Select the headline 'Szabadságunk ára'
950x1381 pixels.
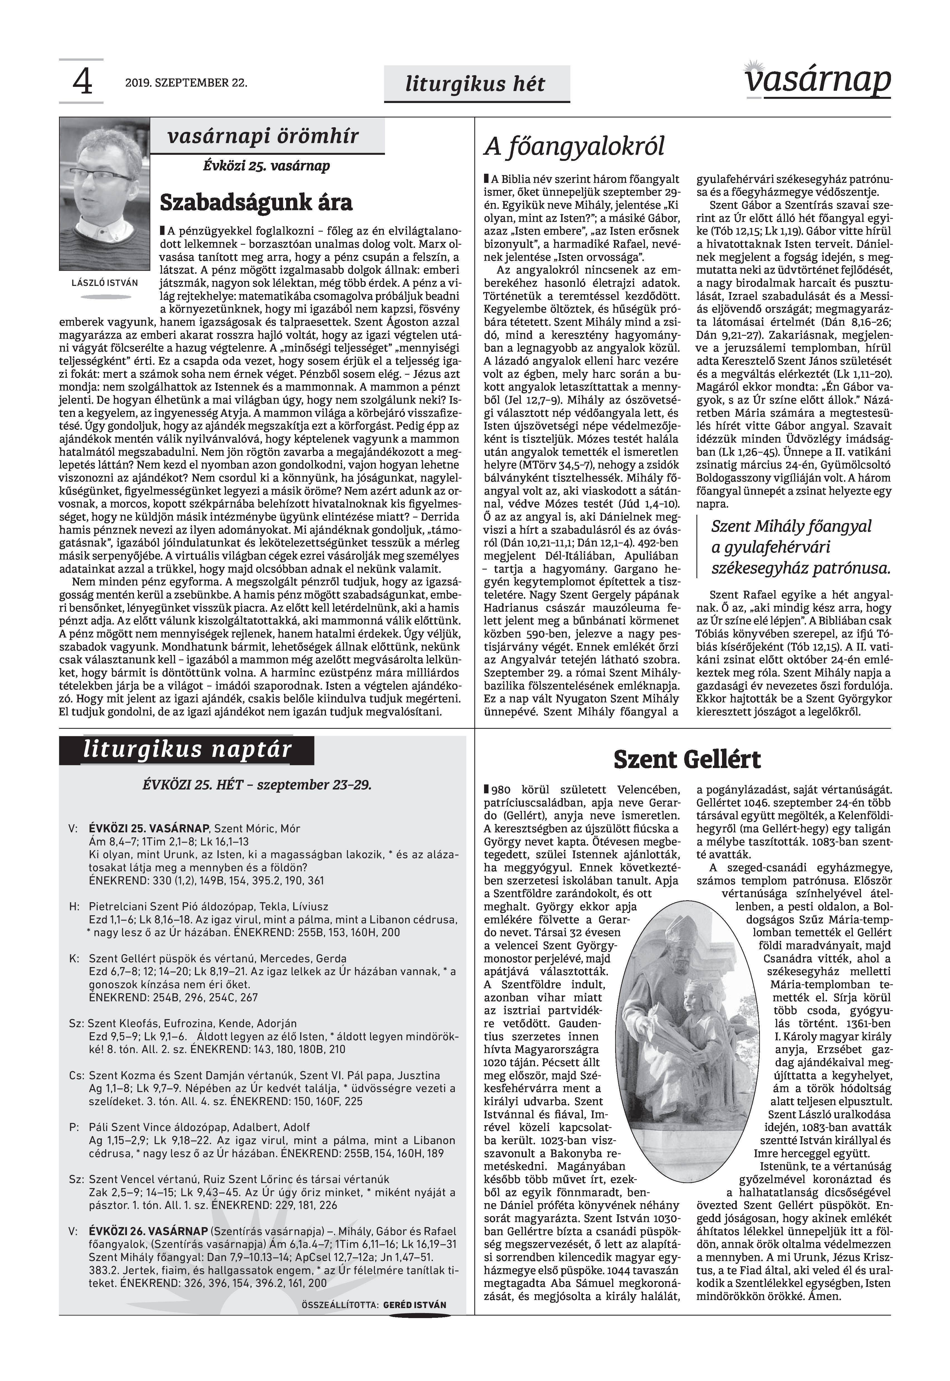(256, 202)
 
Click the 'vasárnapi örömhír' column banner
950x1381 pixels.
(264, 136)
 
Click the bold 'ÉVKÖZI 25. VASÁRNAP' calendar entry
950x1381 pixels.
(149, 828)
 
